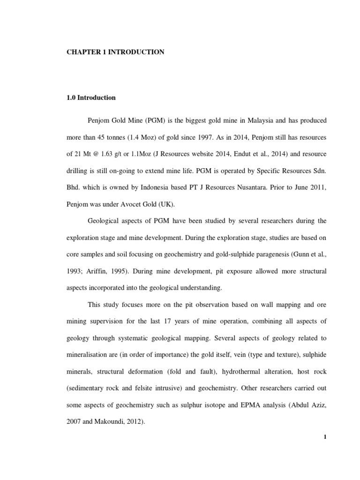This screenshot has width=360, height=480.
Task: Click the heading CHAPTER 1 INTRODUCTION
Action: (x=115, y=52)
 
